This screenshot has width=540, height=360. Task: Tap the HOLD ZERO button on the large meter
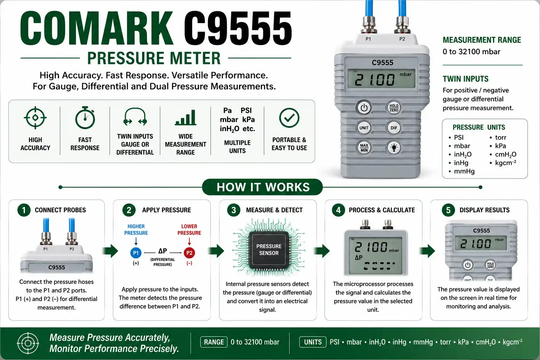pyautogui.click(x=394, y=108)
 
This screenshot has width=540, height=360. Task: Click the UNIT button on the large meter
pyautogui.click(x=364, y=128)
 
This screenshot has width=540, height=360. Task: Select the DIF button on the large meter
pyautogui.click(x=394, y=128)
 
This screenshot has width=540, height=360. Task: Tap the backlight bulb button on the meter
pyautogui.click(x=394, y=148)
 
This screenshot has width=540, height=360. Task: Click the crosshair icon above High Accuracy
pyautogui.click(x=35, y=118)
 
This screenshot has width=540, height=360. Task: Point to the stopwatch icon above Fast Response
pyautogui.click(x=85, y=117)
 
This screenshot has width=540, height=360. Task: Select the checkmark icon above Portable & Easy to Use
pyautogui.click(x=289, y=118)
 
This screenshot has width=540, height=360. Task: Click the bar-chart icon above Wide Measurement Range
pyautogui.click(x=185, y=118)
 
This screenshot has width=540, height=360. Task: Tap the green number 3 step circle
pyautogui.click(x=233, y=210)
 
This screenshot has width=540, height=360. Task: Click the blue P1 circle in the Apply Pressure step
pyautogui.click(x=136, y=253)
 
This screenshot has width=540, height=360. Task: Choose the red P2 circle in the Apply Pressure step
pyautogui.click(x=189, y=253)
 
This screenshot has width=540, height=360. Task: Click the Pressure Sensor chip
pyautogui.click(x=269, y=250)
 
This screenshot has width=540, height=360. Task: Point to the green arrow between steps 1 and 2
pyautogui.click(x=110, y=251)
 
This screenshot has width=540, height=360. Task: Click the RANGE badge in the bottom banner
pyautogui.click(x=214, y=342)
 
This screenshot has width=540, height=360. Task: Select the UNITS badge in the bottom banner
pyautogui.click(x=313, y=342)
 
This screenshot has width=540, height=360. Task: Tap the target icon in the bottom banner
pyautogui.click(x=28, y=343)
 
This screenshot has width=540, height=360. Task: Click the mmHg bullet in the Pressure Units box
pyautogui.click(x=462, y=172)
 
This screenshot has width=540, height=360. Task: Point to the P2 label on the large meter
pyautogui.click(x=402, y=39)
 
